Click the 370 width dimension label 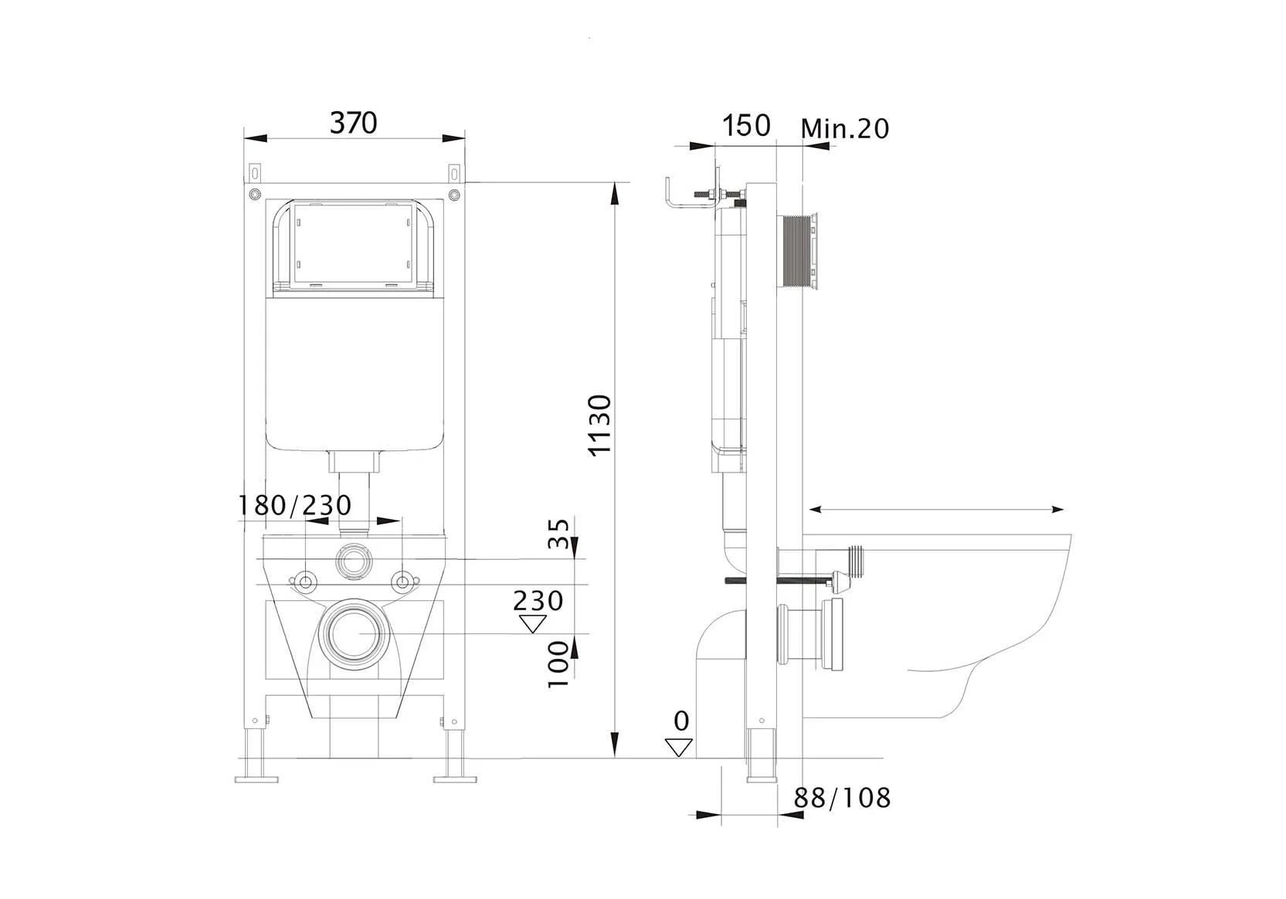(353, 123)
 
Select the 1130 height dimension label (600, 426)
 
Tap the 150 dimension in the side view (746, 125)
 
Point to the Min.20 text (844, 128)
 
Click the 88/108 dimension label (842, 797)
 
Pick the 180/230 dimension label (294, 505)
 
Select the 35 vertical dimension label (558, 534)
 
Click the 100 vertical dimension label (558, 664)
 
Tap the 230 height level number (538, 601)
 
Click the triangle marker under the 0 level (679, 748)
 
